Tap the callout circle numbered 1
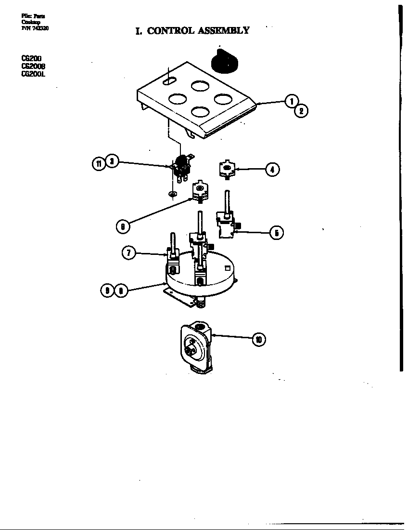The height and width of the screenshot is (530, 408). click(291, 101)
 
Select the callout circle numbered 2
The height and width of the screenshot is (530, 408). click(301, 111)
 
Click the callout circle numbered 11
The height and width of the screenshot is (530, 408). click(99, 164)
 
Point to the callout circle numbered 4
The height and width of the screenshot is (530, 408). click(272, 170)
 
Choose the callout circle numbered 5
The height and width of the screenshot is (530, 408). click(276, 233)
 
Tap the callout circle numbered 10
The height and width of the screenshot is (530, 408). click(259, 340)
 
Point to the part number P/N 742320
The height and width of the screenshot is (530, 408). click(35, 28)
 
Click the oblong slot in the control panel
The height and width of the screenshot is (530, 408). click(169, 82)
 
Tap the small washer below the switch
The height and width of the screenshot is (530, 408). click(172, 194)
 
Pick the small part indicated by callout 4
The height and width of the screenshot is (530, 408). click(226, 170)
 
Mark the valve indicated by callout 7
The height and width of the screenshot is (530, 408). click(172, 258)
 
